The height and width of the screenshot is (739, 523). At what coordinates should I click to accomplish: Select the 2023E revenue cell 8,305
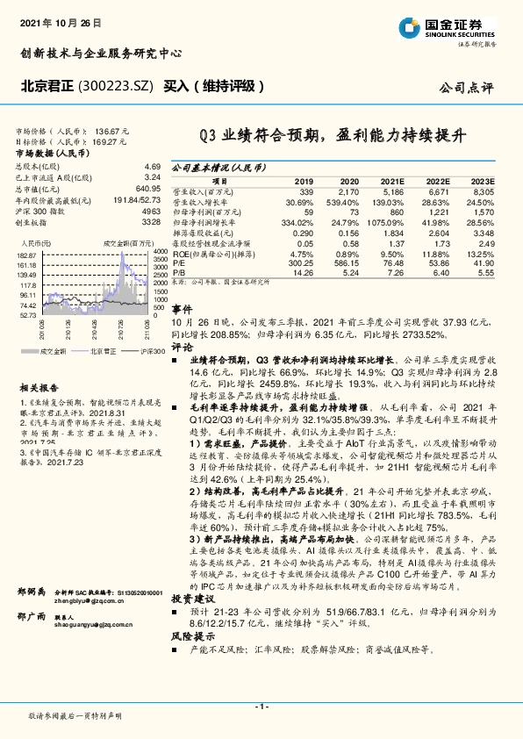tap(483, 190)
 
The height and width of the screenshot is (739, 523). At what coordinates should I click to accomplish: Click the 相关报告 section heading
tap(40, 387)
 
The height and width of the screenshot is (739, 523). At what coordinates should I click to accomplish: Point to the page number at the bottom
tap(261, 706)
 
